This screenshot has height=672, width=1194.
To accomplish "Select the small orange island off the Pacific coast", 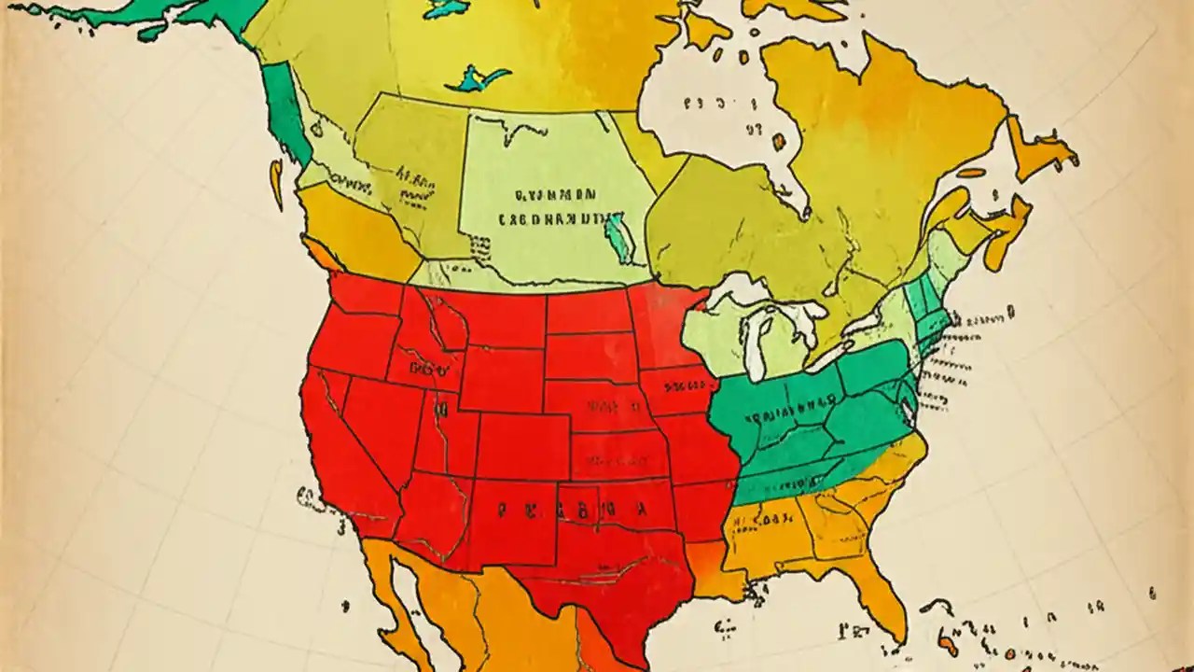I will [276, 182].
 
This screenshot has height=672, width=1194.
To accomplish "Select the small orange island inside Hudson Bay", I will [778, 142].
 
